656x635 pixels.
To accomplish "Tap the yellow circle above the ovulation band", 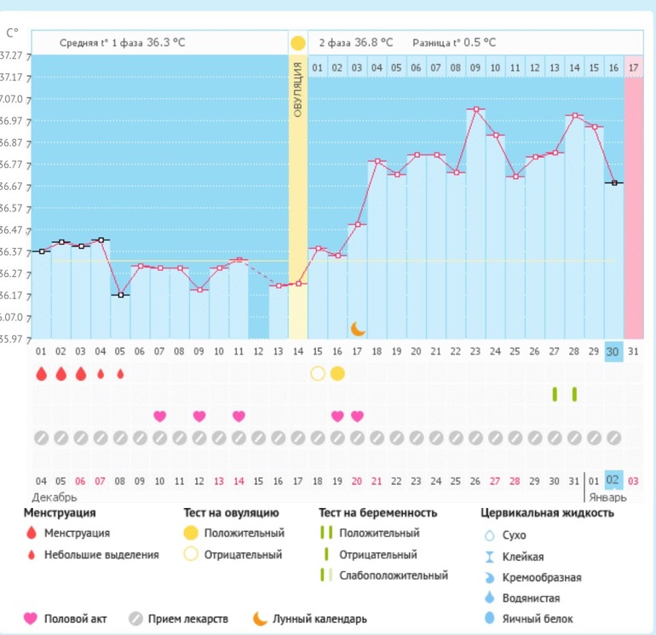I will point(297,42).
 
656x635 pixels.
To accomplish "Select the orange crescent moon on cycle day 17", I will point(358,328).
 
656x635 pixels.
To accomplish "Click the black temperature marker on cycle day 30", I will point(613,182).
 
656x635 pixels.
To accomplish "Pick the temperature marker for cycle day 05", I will point(120,295).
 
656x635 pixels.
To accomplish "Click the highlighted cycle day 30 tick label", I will point(613,351).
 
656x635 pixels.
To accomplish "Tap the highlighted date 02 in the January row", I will point(613,480).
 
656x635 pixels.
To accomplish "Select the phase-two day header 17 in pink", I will point(633,67).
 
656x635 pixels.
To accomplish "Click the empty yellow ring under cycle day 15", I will point(318,373).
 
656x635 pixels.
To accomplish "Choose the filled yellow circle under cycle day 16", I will point(337,373).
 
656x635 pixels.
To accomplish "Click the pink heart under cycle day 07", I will point(159,416).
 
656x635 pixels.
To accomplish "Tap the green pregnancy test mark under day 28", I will point(574,394).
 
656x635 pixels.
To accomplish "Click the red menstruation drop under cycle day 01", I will point(41,373).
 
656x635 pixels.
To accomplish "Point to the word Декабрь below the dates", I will point(55,497).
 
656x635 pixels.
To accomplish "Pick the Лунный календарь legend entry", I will point(323,619).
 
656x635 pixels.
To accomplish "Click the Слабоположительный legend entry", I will point(394,575).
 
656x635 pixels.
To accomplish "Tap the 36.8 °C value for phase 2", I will point(374,42).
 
